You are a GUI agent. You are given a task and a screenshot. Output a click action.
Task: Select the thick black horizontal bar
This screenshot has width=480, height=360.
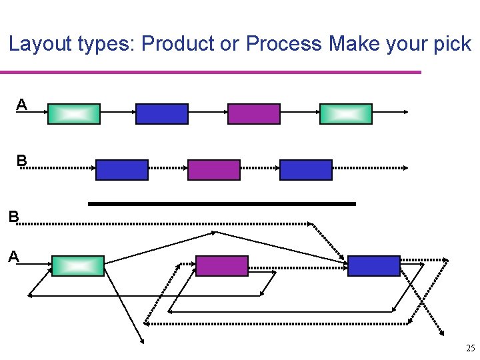tap(222, 203)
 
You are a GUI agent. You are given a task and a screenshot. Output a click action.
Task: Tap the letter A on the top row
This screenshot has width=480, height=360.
tap(22, 105)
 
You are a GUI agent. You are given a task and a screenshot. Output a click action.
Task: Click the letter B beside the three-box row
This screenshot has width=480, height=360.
tap(22, 161)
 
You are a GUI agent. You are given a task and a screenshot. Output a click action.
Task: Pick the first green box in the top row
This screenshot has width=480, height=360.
tap(74, 114)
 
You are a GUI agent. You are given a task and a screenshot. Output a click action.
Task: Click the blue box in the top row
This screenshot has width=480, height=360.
tap(162, 114)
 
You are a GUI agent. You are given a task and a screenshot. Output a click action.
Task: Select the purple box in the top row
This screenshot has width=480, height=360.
tap(254, 114)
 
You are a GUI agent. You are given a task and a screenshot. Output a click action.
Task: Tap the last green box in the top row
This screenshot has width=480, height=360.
tap(346, 114)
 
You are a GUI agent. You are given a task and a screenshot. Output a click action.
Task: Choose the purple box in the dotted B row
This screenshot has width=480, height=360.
tap(214, 170)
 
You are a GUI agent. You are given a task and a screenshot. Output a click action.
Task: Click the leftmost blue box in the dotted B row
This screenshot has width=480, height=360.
tap(122, 170)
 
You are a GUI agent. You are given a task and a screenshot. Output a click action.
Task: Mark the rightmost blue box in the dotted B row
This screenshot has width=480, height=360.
tap(306, 170)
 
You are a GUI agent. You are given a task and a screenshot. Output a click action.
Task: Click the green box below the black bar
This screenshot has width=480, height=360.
tap(78, 266)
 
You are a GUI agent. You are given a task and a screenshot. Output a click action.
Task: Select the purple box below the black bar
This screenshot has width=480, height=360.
tap(222, 266)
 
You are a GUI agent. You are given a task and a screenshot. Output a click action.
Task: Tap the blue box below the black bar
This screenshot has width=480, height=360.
tap(374, 266)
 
